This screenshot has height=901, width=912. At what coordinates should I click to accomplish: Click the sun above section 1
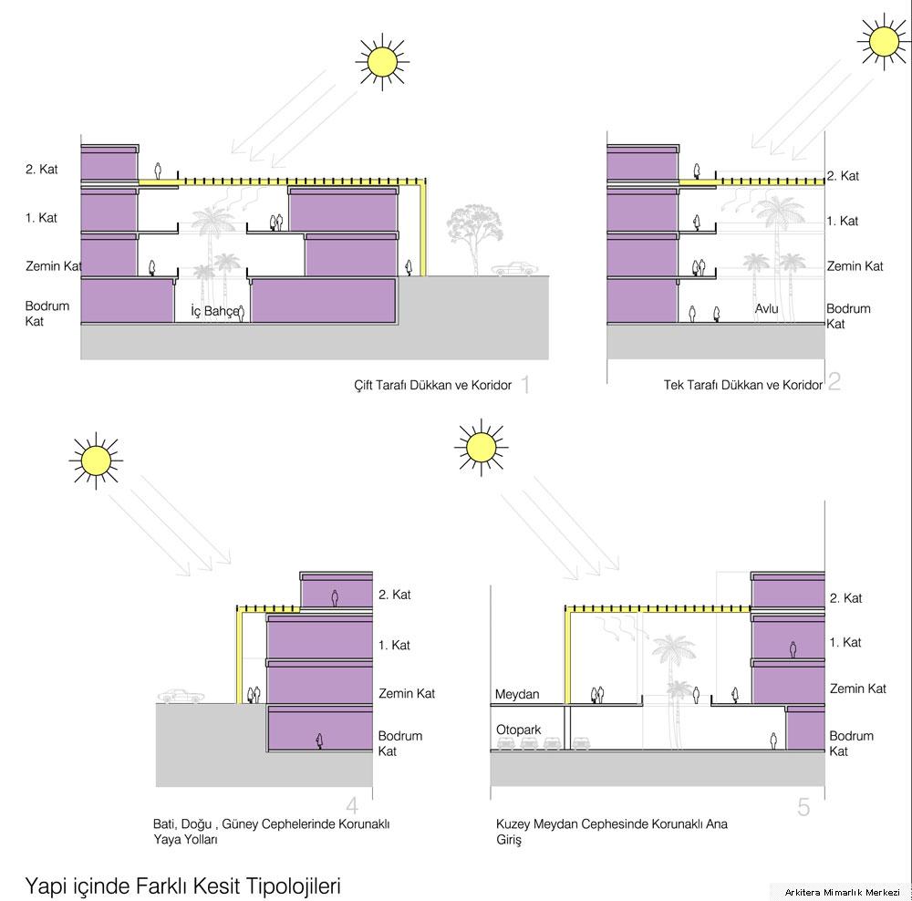pos(382,62)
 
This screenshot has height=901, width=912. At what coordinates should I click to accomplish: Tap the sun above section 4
pos(96,461)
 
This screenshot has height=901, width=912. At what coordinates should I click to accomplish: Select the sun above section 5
pos(481,447)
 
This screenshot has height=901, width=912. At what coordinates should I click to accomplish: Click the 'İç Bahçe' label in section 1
pos(214,311)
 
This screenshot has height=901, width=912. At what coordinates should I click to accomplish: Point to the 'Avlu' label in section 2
pos(767,308)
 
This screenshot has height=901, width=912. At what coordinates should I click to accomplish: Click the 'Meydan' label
pos(517,694)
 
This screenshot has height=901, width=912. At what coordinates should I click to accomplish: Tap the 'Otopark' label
pos(518,730)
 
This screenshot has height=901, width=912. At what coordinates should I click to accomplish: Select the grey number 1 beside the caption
pos(526,384)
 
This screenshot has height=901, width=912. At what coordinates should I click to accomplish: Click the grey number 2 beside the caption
pos(834,381)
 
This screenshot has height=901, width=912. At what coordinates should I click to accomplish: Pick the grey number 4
pos(352,805)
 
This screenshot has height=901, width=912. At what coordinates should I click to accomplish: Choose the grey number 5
pos(803,807)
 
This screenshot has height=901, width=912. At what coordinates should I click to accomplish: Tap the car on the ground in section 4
pos(181,696)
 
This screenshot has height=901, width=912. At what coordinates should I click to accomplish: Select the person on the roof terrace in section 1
pos(158,171)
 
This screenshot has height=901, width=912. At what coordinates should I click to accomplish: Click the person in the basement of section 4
pos(318,740)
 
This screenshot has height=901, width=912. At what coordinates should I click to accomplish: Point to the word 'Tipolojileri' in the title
pos(294,885)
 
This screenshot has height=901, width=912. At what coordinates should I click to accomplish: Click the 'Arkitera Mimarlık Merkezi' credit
pos(842,892)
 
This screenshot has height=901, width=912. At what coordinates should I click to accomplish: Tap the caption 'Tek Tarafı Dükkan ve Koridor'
pos(743,385)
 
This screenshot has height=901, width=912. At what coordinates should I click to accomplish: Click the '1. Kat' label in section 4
pos(394,645)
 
